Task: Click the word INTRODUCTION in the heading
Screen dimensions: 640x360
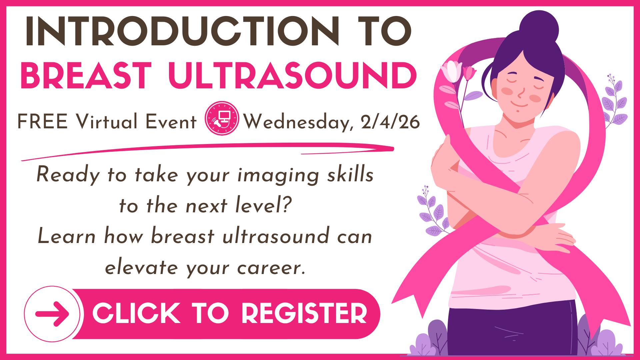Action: (x=182, y=31)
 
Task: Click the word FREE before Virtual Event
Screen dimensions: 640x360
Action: (x=42, y=121)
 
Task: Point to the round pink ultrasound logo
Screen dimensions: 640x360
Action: (x=222, y=118)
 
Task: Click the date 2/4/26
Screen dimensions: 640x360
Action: (x=390, y=122)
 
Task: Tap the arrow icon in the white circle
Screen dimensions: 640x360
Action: (x=52, y=314)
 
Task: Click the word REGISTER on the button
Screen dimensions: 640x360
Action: (x=304, y=313)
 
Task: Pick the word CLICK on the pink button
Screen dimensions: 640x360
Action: (x=137, y=313)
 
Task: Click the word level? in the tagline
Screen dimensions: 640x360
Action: (x=264, y=205)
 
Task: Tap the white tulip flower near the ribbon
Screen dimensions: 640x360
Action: (x=452, y=71)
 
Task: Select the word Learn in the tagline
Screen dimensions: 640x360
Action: (x=67, y=236)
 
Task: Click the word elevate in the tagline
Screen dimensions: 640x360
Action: (x=141, y=267)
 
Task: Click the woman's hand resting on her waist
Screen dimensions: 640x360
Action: (x=553, y=238)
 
